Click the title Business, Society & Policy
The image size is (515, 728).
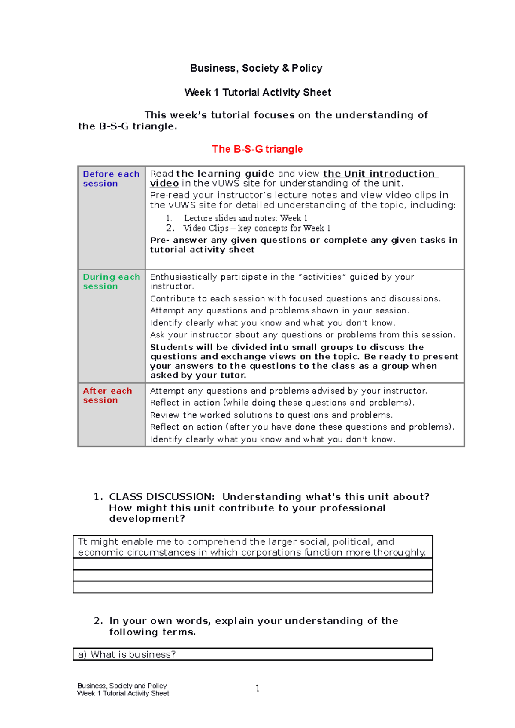[x=256, y=68]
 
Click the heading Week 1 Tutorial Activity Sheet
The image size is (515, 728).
[x=257, y=93]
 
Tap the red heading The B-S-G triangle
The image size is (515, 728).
[x=257, y=149]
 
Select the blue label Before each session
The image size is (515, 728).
[x=111, y=178]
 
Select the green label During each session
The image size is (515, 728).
[x=111, y=281]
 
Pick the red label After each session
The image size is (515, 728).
[x=107, y=395]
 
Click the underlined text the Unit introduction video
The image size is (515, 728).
[x=379, y=174]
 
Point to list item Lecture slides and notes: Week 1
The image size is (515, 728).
[x=245, y=218]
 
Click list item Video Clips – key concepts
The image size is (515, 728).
[x=256, y=228]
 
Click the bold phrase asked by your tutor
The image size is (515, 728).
[x=198, y=376]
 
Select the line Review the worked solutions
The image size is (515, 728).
[x=271, y=415]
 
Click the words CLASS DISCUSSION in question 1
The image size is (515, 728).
[x=161, y=497]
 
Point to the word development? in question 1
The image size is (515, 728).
[x=147, y=519]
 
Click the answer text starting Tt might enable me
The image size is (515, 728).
[x=252, y=547]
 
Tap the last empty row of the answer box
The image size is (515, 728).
[x=252, y=587]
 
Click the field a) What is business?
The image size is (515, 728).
[x=252, y=655]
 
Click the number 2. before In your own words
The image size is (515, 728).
[x=98, y=621]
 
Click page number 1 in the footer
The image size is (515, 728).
[x=257, y=688]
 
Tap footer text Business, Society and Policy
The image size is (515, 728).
[x=122, y=686]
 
